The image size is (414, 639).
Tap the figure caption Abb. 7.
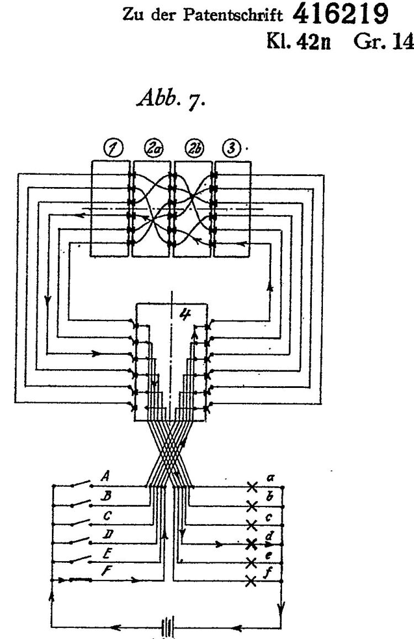tap(171, 98)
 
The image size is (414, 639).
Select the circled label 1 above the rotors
tap(114, 148)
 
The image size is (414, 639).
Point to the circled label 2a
tap(154, 148)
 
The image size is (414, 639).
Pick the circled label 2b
tap(194, 148)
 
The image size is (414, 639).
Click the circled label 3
tap(231, 148)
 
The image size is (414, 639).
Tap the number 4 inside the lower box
tap(185, 313)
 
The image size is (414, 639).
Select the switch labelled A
tap(81, 484)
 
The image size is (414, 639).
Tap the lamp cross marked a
tap(252, 486)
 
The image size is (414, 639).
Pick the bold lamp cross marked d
tap(252, 544)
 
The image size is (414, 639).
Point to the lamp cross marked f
tap(252, 581)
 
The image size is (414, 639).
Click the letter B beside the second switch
tap(107, 496)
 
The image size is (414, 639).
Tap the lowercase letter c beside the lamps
tap(268, 517)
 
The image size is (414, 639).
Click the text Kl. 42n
tap(298, 41)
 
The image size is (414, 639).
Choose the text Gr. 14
tap(380, 41)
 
